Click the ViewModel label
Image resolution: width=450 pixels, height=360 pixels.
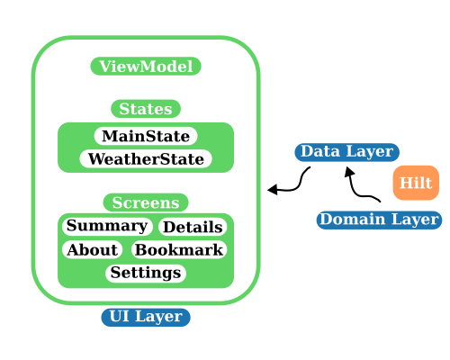[146, 67]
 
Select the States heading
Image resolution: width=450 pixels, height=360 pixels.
[146, 109]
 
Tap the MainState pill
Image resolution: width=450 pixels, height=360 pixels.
[146, 136]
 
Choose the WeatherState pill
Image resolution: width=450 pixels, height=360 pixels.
[146, 159]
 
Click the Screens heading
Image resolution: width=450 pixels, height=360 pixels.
[146, 202]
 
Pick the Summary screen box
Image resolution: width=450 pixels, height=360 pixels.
[108, 226]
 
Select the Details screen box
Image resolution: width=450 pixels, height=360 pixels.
[193, 227]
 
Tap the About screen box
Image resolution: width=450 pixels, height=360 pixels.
[92, 249]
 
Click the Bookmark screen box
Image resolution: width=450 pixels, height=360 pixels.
[179, 249]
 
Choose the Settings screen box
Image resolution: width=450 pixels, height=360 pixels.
[146, 272]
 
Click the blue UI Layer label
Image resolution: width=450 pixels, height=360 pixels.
[146, 316]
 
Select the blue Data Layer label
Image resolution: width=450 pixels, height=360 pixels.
[346, 151]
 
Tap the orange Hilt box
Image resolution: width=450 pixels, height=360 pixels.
[416, 183]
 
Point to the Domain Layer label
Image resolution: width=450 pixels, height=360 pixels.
[379, 219]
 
